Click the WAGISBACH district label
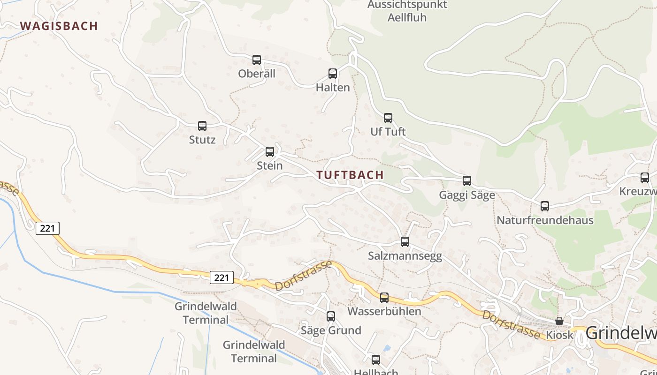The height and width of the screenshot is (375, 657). (x=59, y=26)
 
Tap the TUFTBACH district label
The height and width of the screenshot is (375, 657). (x=350, y=175)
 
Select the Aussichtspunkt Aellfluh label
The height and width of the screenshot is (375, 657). (x=407, y=11)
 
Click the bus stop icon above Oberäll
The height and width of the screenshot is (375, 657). (x=257, y=60)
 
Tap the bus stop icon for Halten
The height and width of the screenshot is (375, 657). (x=333, y=74)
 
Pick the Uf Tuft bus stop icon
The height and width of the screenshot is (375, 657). (x=388, y=118)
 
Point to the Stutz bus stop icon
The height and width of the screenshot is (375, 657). (x=202, y=126)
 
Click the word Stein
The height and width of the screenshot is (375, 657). (x=270, y=165)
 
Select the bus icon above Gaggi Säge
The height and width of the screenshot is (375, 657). (x=467, y=181)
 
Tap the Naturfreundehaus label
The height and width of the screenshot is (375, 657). (x=545, y=220)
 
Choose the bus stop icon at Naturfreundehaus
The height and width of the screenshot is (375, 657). (x=545, y=206)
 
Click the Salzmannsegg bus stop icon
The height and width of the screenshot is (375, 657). (x=405, y=242)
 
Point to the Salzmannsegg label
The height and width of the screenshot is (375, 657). (x=405, y=256)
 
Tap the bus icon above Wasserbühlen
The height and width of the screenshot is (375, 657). (x=384, y=297)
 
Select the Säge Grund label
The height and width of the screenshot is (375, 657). (x=331, y=330)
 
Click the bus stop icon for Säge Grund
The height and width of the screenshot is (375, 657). (x=331, y=316)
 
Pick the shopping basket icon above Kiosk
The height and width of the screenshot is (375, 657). (x=559, y=321)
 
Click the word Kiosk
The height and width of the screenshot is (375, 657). (x=560, y=335)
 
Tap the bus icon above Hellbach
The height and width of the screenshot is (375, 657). (x=376, y=360)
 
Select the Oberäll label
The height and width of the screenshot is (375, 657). (x=257, y=74)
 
